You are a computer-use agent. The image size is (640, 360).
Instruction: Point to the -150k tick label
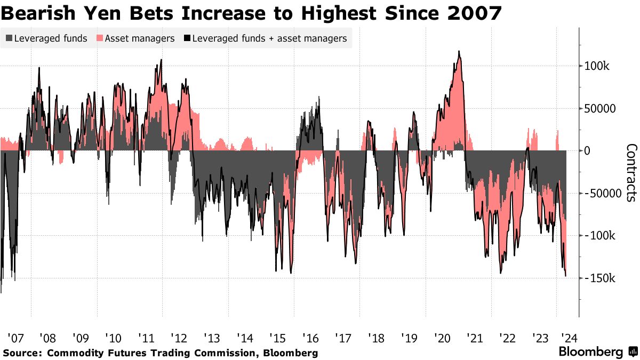coord(603,278)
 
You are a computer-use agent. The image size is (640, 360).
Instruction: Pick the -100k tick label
coord(603,236)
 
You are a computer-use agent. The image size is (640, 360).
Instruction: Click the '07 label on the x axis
coord(15,338)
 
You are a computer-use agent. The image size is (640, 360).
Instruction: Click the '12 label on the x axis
coord(180,338)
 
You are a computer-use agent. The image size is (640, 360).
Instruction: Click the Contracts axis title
coord(630,172)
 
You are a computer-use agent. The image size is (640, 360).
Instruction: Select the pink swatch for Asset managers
coord(100,38)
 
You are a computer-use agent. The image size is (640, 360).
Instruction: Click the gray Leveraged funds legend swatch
coord(9,38)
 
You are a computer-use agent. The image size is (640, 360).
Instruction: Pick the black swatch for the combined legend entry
coord(187,38)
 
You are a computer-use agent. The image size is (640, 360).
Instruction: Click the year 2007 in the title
coord(473,13)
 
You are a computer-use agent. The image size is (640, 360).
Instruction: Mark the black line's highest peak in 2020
coord(459,51)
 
